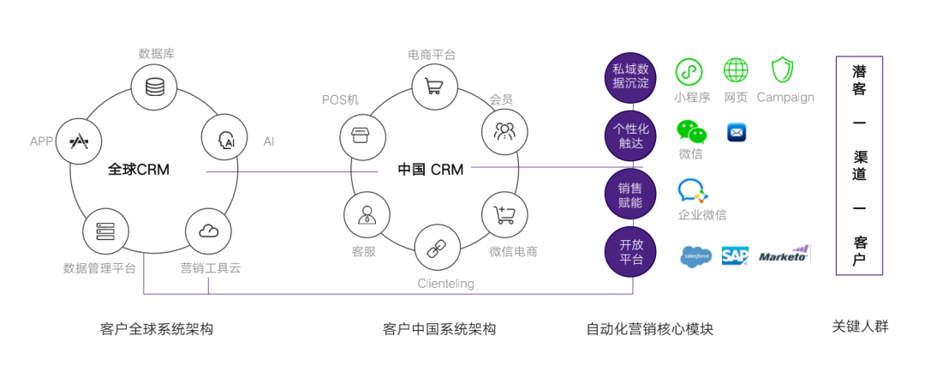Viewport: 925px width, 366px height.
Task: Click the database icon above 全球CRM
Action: (x=155, y=87)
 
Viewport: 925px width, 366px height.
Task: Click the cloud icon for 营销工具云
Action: (x=208, y=231)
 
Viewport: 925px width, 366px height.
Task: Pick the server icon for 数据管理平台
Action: (x=105, y=231)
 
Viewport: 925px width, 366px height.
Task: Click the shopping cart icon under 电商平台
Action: (x=433, y=86)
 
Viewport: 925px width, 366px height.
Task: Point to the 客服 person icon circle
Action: (x=366, y=213)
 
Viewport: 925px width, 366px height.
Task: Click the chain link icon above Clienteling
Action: (x=437, y=248)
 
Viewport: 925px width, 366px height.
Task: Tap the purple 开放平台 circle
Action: (x=630, y=251)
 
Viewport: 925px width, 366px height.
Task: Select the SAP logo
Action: (x=735, y=255)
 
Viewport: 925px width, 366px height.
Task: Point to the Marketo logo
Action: (x=784, y=255)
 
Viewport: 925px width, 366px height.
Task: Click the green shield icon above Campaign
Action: (x=783, y=70)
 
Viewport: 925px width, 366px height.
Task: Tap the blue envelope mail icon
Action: (x=737, y=133)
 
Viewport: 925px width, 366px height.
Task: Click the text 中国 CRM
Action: (x=431, y=170)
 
